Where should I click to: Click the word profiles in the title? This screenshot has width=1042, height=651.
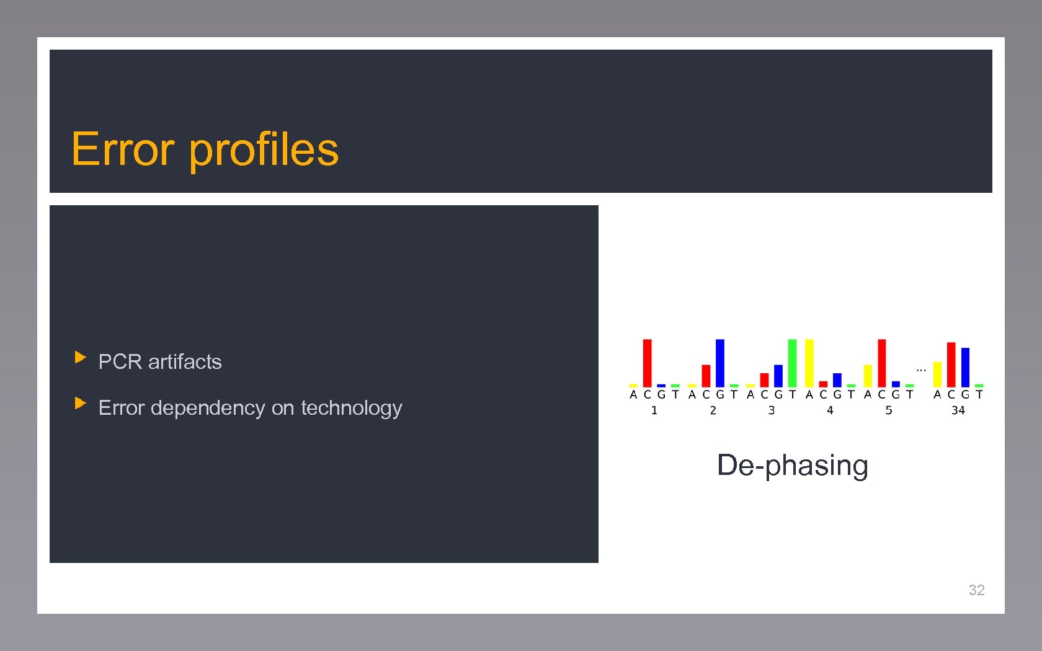point(264,149)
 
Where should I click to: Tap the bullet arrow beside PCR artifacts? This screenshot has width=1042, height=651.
point(80,357)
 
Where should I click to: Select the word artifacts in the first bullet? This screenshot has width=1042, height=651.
point(185,361)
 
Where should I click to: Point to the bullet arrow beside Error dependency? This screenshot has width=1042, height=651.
point(80,403)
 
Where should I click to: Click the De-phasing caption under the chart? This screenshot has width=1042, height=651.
point(792,465)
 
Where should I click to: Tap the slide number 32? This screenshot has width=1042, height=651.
point(976,590)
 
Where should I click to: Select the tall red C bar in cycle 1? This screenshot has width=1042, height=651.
point(647,363)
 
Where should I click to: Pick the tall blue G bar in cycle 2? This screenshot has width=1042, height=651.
point(719,363)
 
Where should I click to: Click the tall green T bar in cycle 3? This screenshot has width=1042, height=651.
point(792,363)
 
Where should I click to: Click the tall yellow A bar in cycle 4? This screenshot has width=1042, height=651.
point(809,363)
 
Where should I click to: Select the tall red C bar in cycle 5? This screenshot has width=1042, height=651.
point(881,363)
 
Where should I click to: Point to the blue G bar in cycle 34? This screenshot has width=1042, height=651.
point(965,367)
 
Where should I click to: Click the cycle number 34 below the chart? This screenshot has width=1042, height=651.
point(958,410)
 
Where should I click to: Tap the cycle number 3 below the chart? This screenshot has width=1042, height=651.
point(771,410)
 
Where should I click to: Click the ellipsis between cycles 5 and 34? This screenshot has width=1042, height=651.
point(921,370)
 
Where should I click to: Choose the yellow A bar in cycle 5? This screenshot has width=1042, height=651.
point(867,376)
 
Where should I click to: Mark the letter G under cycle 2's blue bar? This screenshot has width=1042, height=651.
point(719,394)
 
